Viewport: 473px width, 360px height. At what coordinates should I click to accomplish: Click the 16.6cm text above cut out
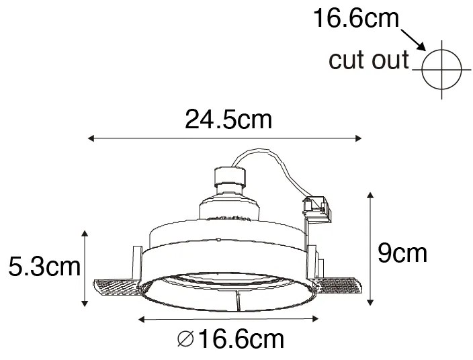tap(355, 18)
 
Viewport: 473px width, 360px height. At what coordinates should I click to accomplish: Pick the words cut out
tap(369, 60)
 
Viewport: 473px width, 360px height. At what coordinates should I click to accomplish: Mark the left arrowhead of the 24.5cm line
tap(92, 139)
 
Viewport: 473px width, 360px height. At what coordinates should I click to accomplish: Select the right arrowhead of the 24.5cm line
tap(359, 139)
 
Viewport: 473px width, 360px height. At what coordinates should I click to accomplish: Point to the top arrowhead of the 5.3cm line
tap(84, 233)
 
